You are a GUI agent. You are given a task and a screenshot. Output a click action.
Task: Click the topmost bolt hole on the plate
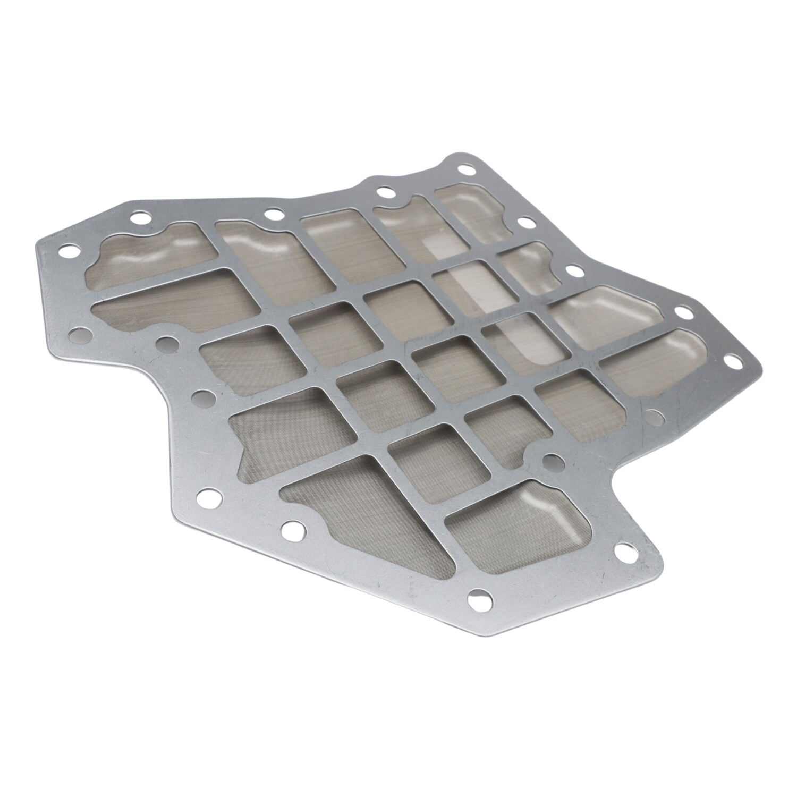coord(467,170)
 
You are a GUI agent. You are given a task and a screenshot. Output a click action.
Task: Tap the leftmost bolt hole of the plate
coord(67,250)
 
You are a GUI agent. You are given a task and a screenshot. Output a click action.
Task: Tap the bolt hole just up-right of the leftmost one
coord(140,217)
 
